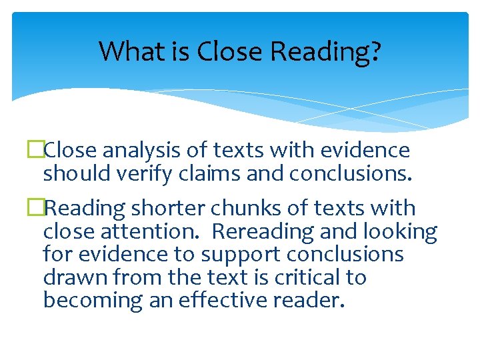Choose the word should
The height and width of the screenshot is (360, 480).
pyautogui.click(x=71, y=173)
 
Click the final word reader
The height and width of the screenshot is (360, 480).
pyautogui.click(x=309, y=299)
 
